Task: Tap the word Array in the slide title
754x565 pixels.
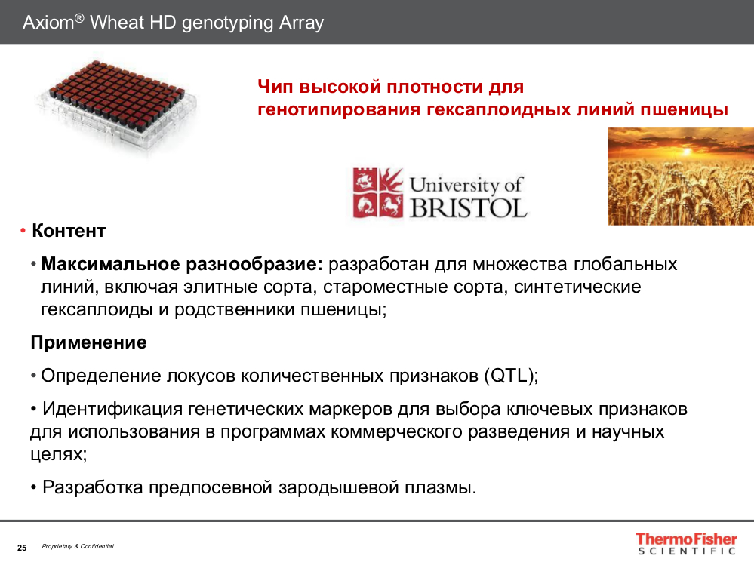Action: (301, 23)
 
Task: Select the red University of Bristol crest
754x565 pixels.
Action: (377, 193)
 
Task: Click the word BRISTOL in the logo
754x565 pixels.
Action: (468, 207)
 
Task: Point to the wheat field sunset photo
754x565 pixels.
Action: (681, 177)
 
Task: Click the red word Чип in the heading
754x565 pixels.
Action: (277, 88)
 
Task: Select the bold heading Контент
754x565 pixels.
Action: (69, 231)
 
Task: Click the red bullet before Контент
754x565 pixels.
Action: (23, 231)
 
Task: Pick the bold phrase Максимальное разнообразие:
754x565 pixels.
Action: (182, 265)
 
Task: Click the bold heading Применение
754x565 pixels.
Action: (88, 342)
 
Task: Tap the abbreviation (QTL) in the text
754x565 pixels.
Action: (509, 376)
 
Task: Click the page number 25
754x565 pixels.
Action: (22, 547)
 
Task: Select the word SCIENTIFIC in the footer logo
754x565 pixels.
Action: (685, 551)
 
